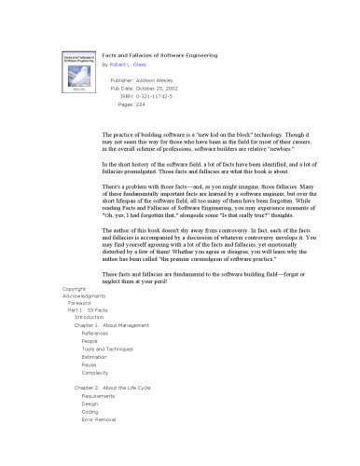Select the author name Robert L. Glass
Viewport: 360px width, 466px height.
tap(139, 67)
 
